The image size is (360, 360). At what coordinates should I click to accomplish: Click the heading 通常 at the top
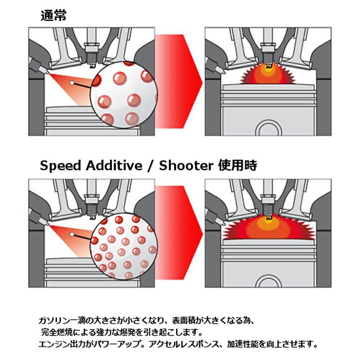(54, 16)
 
